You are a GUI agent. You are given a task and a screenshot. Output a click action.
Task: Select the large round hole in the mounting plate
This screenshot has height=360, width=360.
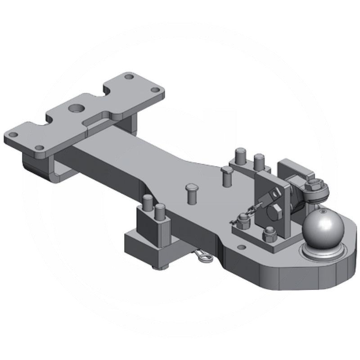[75, 108]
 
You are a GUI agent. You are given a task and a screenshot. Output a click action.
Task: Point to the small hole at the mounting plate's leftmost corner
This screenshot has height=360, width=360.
[14, 135]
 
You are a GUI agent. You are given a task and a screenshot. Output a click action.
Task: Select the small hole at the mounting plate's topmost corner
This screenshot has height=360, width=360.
[129, 77]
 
